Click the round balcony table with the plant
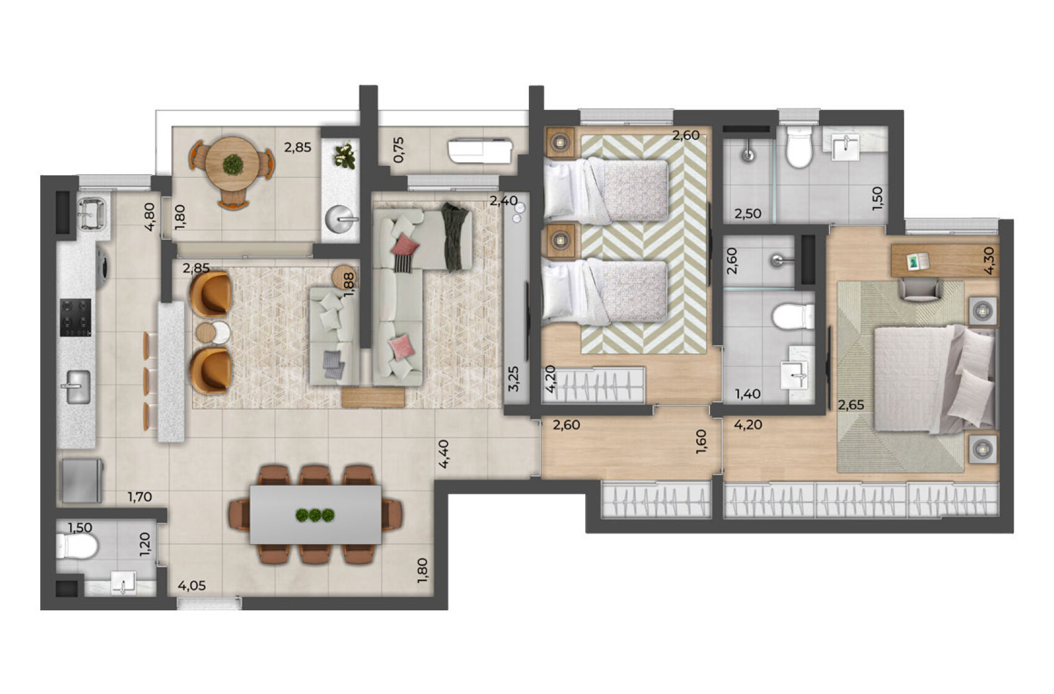point(232,163)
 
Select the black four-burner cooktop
point(75,317)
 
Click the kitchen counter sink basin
point(77,387)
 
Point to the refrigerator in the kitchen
point(81,480)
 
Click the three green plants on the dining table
point(315,515)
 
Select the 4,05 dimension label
point(192,586)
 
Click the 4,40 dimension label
point(443,454)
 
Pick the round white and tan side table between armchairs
point(213,332)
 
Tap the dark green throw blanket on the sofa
point(456,237)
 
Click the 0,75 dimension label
point(398,149)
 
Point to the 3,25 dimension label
point(514,378)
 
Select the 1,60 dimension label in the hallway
point(701,442)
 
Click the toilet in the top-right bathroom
point(799,147)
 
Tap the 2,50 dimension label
point(748,213)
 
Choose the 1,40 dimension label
point(748,393)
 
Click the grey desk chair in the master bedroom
point(921,289)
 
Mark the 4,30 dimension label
point(990,260)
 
